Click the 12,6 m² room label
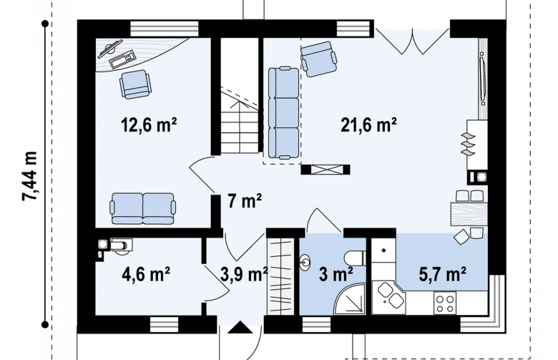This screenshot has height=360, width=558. click(149, 125)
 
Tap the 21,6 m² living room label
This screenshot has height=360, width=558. click(368, 125)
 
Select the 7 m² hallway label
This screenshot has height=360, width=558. click(245, 201)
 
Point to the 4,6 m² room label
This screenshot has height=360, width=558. click(145, 274)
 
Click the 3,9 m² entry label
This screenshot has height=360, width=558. click(244, 274)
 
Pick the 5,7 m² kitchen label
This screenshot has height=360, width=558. click(442, 274)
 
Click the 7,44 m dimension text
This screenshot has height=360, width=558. click(29, 176)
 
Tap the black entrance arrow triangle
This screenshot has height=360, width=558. click(240, 327)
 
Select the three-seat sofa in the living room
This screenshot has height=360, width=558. click(283, 112)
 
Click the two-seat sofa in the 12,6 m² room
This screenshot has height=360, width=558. click(143, 209)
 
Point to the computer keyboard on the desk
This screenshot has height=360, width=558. click(122, 59)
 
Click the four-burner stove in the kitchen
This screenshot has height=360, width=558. click(444, 303)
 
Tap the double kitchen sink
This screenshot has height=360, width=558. click(391, 296)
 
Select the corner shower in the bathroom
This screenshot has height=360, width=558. click(350, 299)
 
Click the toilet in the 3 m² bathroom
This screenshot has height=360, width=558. click(355, 258)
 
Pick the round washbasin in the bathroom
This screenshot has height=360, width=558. click(305, 263)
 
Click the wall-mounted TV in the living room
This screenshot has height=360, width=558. click(483, 78)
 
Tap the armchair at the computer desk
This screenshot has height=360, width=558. click(135, 84)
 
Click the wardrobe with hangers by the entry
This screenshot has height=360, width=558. click(280, 276)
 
